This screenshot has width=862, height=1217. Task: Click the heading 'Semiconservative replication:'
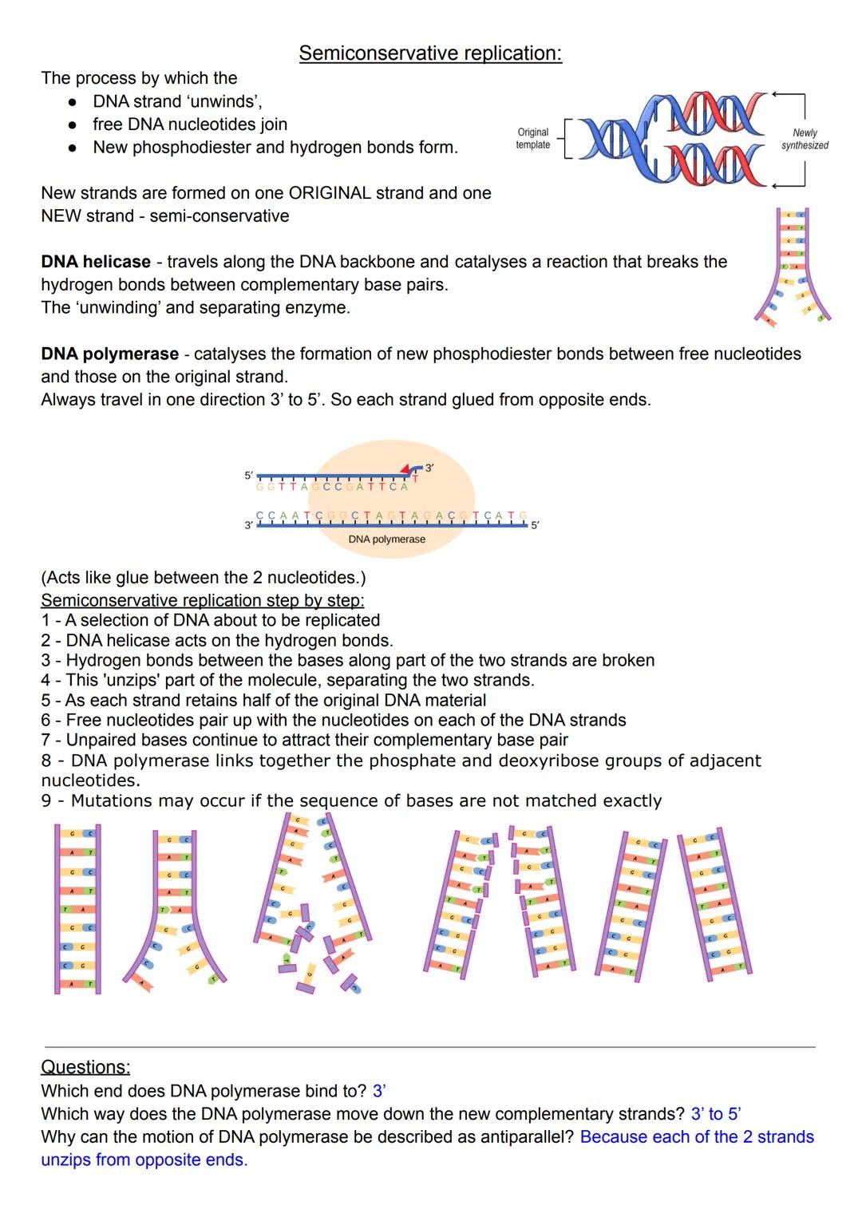430,53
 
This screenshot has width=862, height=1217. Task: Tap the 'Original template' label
532,138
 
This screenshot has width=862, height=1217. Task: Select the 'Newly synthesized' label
805,139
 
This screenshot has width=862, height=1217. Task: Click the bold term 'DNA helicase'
96,262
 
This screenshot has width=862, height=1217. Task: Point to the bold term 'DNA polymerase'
109,354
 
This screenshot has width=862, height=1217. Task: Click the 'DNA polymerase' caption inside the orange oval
386,539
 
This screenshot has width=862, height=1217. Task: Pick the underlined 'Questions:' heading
85,1067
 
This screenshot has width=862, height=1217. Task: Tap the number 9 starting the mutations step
46,800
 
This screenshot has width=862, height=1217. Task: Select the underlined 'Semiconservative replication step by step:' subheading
202,600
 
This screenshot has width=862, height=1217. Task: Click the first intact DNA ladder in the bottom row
77,909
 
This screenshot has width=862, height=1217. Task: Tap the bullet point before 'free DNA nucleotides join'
72,124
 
